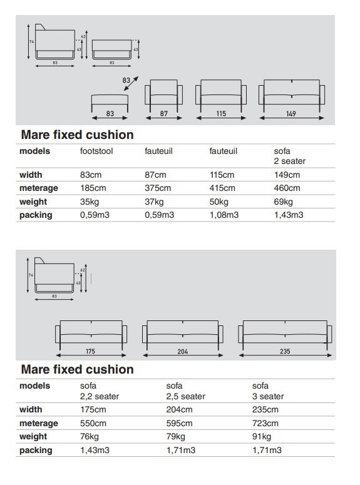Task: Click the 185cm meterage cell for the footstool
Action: click(93, 188)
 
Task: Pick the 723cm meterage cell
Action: click(265, 424)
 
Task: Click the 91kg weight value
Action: click(262, 437)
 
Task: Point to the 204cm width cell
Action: click(179, 410)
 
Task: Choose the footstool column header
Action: click(97, 151)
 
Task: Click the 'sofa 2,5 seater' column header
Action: click(186, 391)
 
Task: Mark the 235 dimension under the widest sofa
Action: click(285, 352)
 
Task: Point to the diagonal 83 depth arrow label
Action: click(127, 81)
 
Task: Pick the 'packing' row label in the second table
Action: click(36, 450)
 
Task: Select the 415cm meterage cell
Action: click(222, 188)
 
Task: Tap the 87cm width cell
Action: click(156, 175)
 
